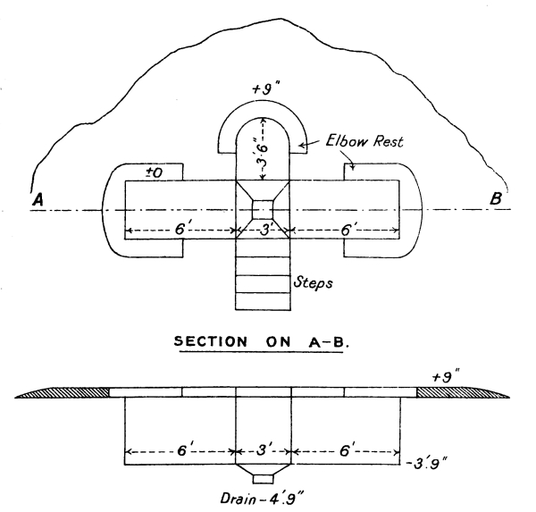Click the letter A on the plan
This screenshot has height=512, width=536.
[38, 202]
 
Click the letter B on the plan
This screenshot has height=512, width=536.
[496, 200]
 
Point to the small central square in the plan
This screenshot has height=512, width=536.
[263, 209]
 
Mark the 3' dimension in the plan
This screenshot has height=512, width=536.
[263, 230]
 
